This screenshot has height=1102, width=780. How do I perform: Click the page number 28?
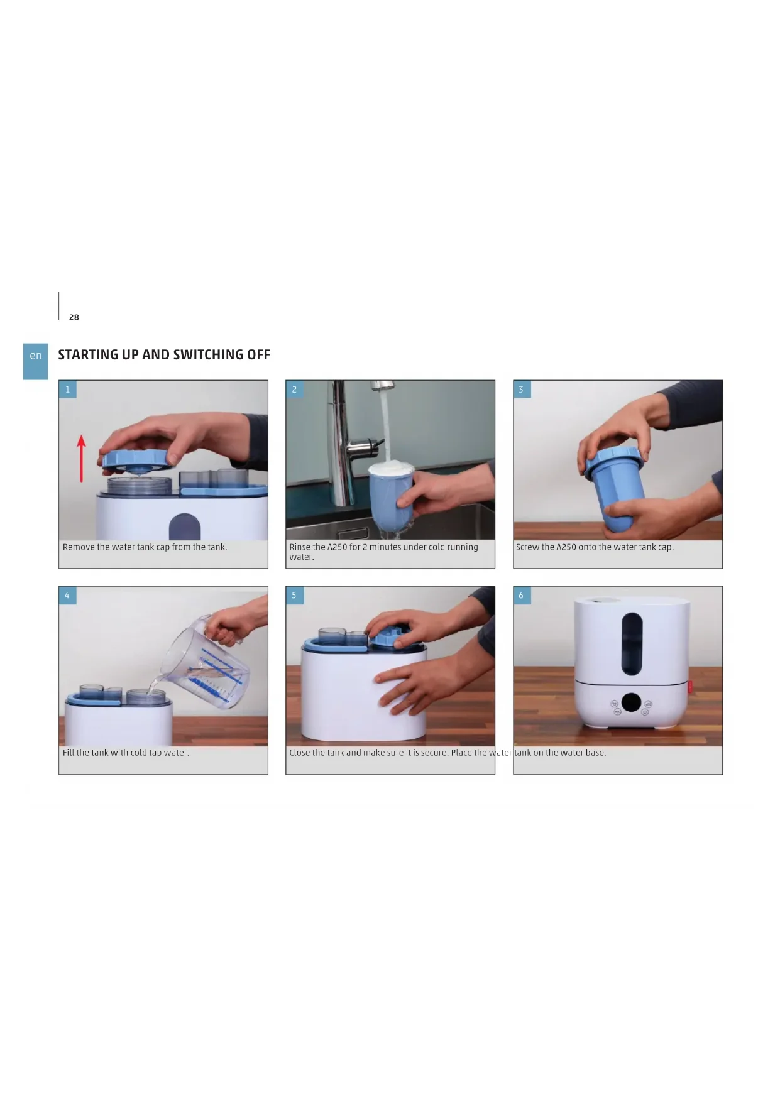(x=74, y=317)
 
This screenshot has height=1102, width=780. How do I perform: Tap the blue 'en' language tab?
(x=36, y=361)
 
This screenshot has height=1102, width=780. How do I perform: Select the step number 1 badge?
(x=68, y=390)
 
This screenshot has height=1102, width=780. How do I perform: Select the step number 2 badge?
(x=294, y=390)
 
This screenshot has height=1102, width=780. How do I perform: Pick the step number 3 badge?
(x=522, y=390)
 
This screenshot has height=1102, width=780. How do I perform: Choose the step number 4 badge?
(x=68, y=596)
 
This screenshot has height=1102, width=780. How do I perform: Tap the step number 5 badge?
(x=294, y=596)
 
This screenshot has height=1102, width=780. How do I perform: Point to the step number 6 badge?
(x=522, y=596)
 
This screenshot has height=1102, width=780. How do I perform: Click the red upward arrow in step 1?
(x=81, y=459)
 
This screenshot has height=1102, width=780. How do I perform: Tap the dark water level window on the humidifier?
(x=632, y=641)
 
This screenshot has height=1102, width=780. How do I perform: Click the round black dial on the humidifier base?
(x=631, y=702)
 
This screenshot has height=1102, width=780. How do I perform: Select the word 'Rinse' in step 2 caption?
(x=299, y=547)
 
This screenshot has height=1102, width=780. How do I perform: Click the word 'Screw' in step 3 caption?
(x=527, y=547)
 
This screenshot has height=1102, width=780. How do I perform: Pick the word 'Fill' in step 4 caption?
(x=68, y=753)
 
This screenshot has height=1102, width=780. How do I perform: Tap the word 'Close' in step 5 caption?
(x=299, y=753)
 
